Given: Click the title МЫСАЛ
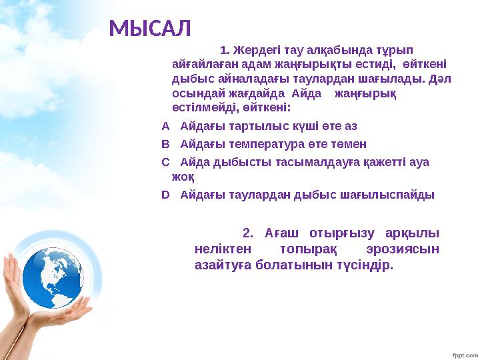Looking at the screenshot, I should click(150, 28).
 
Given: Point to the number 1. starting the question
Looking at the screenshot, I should click(225, 50).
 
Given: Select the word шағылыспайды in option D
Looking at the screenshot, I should click(396, 195).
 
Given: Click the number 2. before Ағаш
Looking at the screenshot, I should click(248, 233).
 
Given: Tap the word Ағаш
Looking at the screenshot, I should click(279, 233).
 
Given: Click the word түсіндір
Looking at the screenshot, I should click(364, 265).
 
